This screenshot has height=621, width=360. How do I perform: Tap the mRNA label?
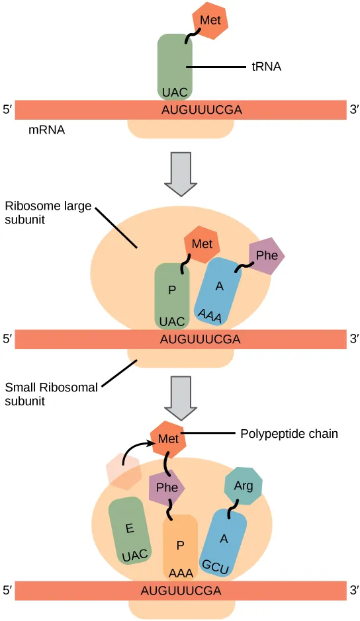(x=46, y=130)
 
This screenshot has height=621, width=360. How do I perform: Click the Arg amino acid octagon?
(x=244, y=487)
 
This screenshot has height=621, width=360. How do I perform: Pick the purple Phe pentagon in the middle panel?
(x=266, y=257)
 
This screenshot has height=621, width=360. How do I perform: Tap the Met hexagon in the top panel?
(x=210, y=21)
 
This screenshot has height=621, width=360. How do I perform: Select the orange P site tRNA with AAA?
(x=180, y=546)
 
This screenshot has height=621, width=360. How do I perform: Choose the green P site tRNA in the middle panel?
(x=172, y=295)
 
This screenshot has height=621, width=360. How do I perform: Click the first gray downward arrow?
(x=180, y=173)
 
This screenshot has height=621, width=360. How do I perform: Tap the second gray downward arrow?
(x=180, y=397)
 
